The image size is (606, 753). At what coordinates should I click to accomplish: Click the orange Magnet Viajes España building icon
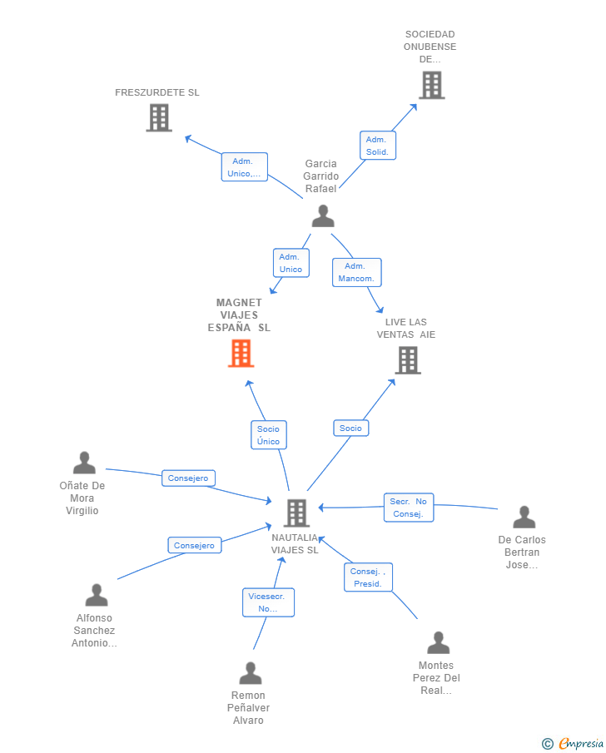point(241,354)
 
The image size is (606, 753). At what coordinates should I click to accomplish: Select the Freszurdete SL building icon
point(158,117)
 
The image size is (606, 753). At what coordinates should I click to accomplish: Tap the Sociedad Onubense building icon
point(431,85)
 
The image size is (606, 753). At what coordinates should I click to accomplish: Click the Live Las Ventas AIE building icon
point(407,360)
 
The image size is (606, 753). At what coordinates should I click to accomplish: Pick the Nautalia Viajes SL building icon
point(296,513)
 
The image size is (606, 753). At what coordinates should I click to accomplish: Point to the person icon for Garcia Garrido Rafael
point(323,215)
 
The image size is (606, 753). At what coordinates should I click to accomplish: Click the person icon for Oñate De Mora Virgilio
point(84,463)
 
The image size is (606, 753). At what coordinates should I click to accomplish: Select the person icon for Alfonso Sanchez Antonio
point(97,595)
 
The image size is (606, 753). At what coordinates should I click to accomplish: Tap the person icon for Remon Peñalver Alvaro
point(250,673)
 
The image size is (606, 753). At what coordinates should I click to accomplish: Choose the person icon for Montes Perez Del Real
point(438,642)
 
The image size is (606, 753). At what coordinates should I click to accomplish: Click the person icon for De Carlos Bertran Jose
point(524,517)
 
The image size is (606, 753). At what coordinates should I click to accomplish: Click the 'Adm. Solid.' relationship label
point(377,146)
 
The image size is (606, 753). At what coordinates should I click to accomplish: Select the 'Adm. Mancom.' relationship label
point(356,272)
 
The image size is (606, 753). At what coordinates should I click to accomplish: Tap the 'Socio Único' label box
point(268,435)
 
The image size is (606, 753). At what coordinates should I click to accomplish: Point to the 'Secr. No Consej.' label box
point(409,508)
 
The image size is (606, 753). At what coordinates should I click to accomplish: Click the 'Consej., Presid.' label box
point(368,577)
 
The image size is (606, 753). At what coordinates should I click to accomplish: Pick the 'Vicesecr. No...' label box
point(268,602)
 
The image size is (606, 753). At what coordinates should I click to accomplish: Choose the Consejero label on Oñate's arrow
point(188,478)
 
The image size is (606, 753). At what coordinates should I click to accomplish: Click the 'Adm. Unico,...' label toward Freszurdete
point(244,167)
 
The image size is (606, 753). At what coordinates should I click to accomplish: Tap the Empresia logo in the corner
point(574,743)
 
